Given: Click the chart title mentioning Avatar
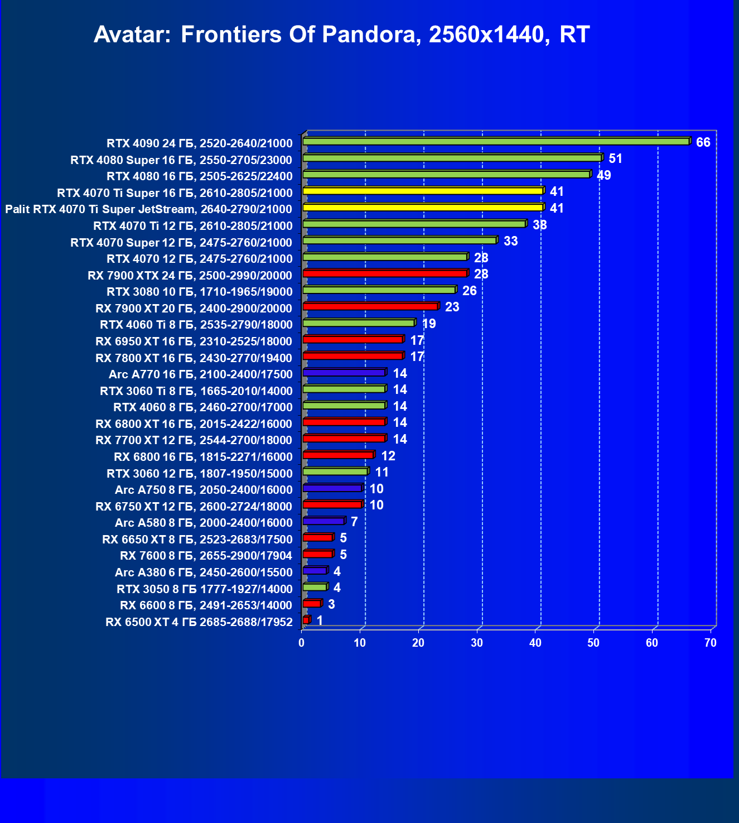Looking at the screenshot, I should tap(341, 35).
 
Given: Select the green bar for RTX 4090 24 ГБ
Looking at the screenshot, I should tap(496, 142).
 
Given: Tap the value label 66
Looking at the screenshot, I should tap(703, 142).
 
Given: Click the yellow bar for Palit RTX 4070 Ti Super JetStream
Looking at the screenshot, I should tap(423, 208).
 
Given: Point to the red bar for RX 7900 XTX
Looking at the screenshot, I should tap(385, 273).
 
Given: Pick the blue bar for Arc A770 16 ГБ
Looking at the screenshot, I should tap(344, 373).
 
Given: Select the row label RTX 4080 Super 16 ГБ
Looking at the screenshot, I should tap(181, 160).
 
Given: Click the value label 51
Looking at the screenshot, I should tap(615, 158).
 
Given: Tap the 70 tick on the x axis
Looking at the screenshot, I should tap(710, 643).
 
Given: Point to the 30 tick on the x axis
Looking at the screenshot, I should tap(476, 643).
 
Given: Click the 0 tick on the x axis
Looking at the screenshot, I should tap(302, 643).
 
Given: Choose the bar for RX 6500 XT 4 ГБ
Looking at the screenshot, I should tap(306, 620).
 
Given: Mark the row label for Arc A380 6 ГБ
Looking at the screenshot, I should tap(204, 572).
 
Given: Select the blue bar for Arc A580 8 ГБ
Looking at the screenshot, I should tap(323, 521).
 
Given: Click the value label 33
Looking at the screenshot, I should tap(510, 241).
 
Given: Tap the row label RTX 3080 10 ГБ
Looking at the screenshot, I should tap(199, 292).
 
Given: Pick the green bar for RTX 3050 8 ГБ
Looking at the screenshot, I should tap(315, 587).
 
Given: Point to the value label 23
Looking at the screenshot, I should tap(452, 307).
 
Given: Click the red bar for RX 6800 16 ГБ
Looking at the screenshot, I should tap(338, 455).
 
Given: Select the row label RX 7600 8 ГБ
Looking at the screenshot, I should tap(206, 556).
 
